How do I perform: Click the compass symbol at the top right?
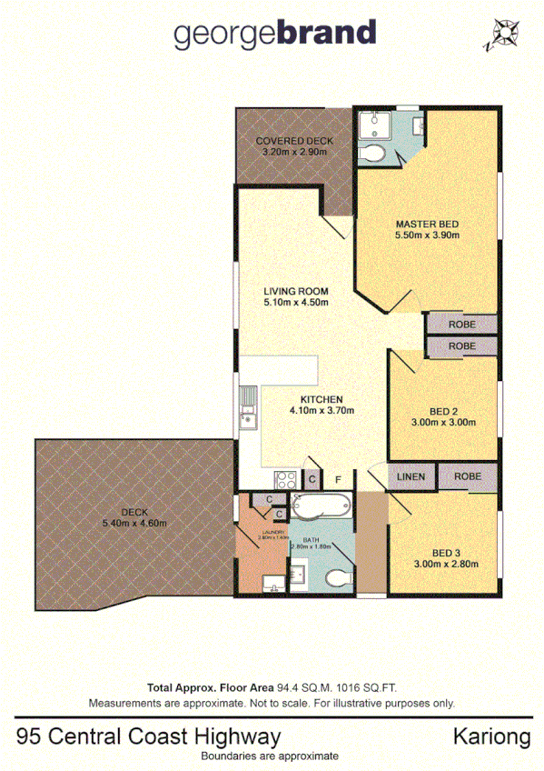(x=502, y=35)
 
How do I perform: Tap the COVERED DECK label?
(x=294, y=141)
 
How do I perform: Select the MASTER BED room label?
(x=426, y=224)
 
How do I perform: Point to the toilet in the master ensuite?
(x=372, y=154)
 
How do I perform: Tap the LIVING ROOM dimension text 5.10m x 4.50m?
(x=294, y=302)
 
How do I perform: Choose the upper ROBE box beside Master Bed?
(x=461, y=323)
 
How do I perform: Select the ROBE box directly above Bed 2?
(x=461, y=346)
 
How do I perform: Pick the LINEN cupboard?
(x=410, y=476)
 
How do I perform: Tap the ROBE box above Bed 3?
(x=467, y=476)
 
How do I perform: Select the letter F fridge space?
(x=339, y=479)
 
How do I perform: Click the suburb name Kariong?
(x=491, y=736)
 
